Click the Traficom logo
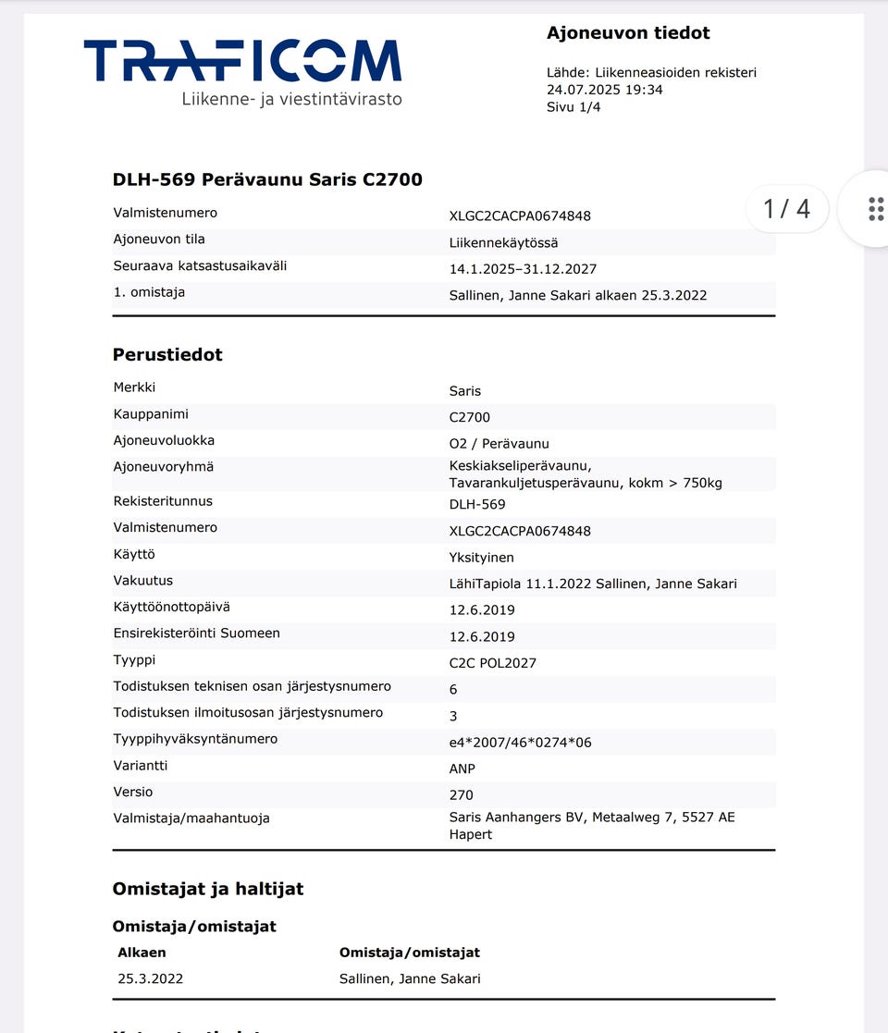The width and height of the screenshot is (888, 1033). click(242, 72)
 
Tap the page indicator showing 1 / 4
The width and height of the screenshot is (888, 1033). click(786, 209)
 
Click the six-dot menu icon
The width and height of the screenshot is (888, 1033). click(875, 209)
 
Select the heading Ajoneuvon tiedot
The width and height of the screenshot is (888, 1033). click(628, 33)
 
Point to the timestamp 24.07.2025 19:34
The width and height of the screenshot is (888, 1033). click(604, 90)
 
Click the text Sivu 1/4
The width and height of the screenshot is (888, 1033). click(573, 107)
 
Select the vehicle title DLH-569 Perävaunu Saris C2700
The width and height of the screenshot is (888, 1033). click(267, 179)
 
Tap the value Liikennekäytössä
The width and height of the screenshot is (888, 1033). click(503, 243)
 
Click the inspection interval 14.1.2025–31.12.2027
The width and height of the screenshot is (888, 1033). click(523, 269)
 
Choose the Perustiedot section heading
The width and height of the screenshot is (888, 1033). click(167, 355)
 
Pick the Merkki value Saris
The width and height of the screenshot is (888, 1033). click(465, 391)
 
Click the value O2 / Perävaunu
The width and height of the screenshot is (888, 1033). click(499, 444)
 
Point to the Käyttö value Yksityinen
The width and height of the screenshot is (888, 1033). click(481, 558)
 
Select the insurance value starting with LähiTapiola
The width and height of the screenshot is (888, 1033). click(593, 584)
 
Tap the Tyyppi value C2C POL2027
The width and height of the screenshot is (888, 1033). click(492, 663)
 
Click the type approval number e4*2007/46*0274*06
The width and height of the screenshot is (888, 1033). click(519, 743)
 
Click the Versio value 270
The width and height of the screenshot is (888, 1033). click(461, 795)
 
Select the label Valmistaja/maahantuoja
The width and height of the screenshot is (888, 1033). click(191, 818)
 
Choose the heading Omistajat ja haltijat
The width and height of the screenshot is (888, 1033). click(208, 890)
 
